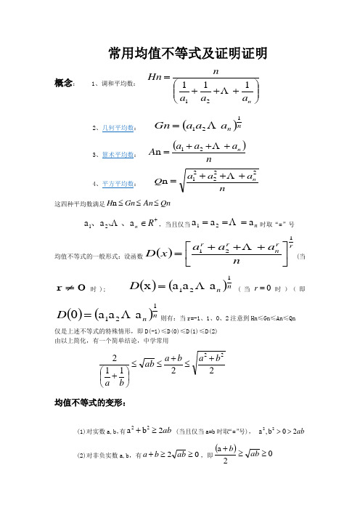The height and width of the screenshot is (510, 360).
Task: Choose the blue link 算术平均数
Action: tap(120, 154)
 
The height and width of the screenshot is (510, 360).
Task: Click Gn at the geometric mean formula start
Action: tap(161, 124)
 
